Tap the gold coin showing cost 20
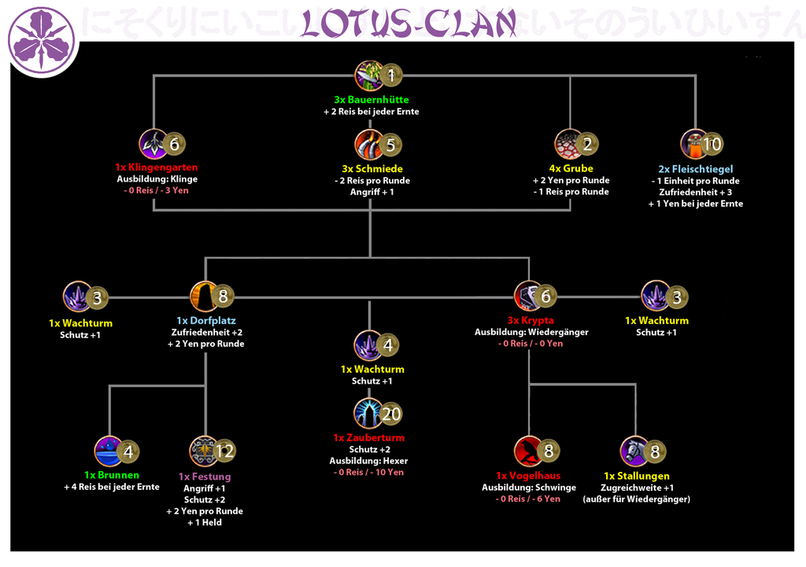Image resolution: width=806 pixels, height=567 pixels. (x=390, y=414)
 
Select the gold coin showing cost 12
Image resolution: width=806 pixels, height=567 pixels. (x=224, y=451)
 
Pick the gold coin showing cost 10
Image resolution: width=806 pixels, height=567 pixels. (x=712, y=145)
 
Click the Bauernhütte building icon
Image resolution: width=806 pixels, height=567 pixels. (x=368, y=75)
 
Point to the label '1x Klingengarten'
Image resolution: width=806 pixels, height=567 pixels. (x=157, y=168)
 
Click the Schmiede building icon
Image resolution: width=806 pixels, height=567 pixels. (x=368, y=145)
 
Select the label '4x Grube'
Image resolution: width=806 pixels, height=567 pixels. (x=571, y=168)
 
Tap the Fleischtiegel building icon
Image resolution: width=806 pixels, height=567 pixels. (x=694, y=145)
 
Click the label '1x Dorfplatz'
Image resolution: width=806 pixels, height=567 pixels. (x=205, y=321)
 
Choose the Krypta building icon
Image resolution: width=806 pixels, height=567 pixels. (x=528, y=296)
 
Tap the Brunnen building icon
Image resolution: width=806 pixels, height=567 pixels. (x=109, y=451)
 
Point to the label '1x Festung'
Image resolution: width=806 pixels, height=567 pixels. (x=205, y=477)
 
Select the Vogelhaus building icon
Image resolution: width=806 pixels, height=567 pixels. (x=529, y=451)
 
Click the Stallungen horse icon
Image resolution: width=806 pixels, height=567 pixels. (x=634, y=451)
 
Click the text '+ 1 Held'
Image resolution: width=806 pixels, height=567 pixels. (x=205, y=522)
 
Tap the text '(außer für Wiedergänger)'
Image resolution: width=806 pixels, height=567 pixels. (x=636, y=499)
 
